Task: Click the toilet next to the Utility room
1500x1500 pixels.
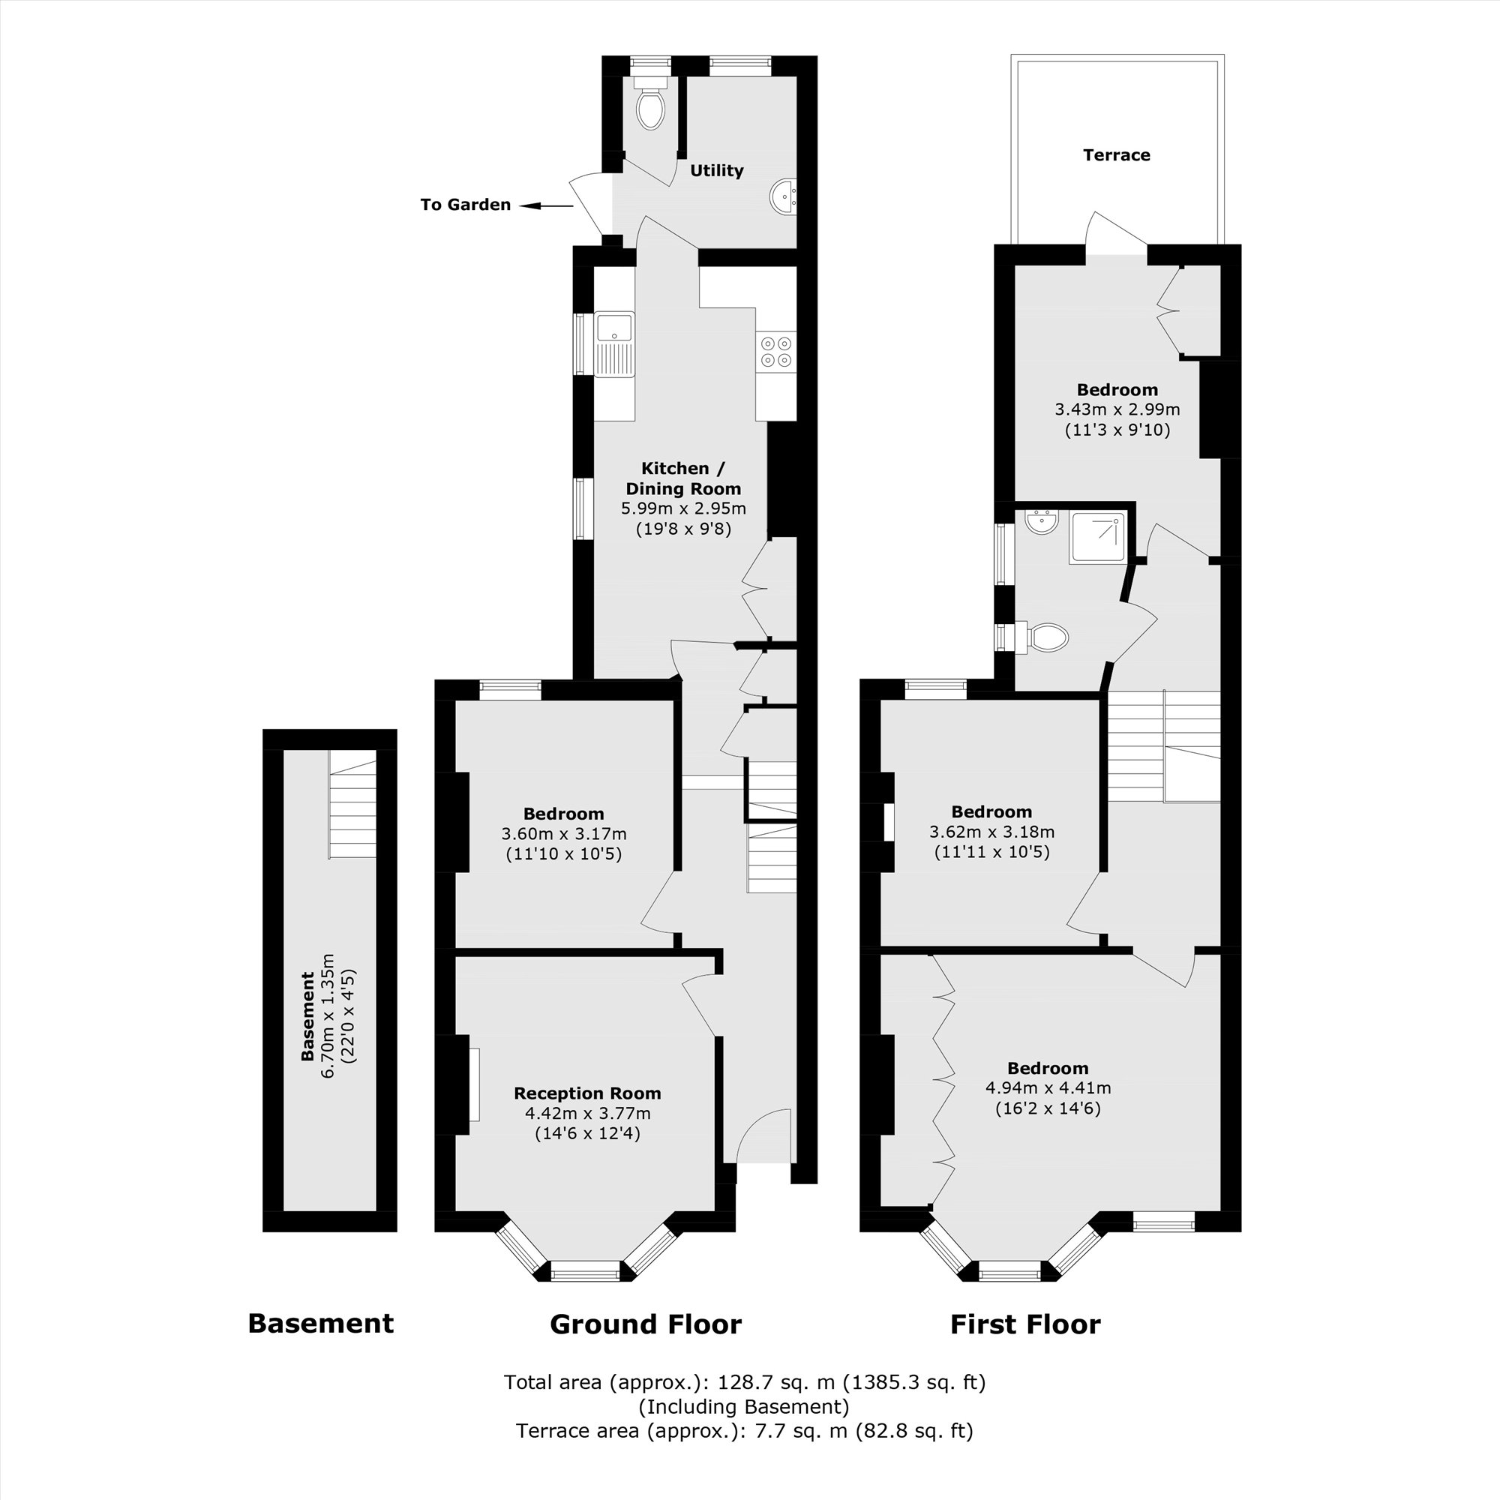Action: click(x=650, y=109)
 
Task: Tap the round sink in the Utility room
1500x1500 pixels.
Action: click(x=784, y=196)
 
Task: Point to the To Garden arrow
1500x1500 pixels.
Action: click(x=546, y=205)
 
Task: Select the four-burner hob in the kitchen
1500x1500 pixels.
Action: click(x=776, y=351)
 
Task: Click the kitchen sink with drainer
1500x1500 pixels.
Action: click(x=614, y=345)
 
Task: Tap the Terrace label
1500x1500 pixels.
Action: click(x=1117, y=155)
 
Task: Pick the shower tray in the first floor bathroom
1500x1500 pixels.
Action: click(x=1096, y=537)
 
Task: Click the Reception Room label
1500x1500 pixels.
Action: click(x=587, y=1093)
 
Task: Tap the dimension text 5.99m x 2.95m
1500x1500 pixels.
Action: click(x=683, y=509)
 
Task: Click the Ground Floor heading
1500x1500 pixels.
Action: click(x=645, y=1324)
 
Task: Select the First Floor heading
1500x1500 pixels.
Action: click(x=1024, y=1324)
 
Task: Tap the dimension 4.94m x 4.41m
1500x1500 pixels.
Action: click(x=1047, y=1087)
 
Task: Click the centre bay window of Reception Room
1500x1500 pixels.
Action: click(x=586, y=1270)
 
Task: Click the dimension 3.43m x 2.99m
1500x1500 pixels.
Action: click(x=1117, y=409)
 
